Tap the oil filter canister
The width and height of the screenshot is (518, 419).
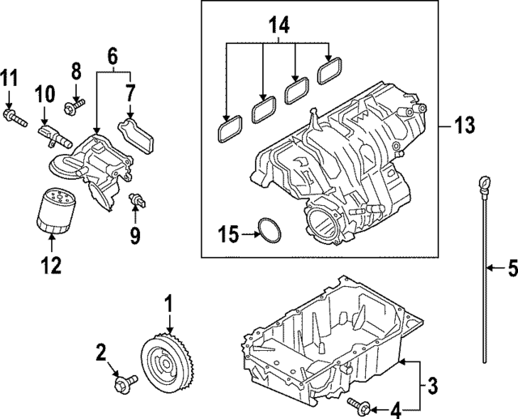pyautogui.click(x=53, y=211)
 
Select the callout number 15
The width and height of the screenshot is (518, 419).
pyautogui.click(x=229, y=235)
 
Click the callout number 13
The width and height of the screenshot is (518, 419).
pyautogui.click(x=464, y=126)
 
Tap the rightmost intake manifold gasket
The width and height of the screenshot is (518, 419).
pyautogui.click(x=329, y=73)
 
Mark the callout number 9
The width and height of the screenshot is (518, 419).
pyautogui.click(x=135, y=237)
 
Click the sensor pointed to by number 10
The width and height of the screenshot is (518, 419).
pyautogui.click(x=50, y=133)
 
